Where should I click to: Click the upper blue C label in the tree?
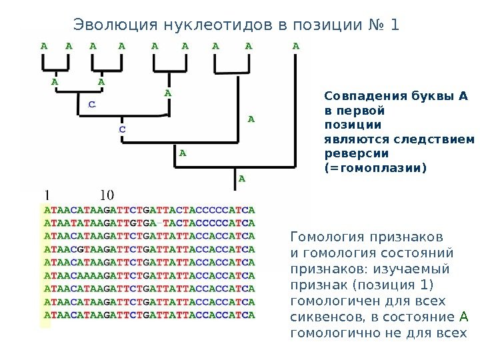(92, 105)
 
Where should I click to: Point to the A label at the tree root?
(243, 178)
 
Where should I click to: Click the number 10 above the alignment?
(107, 195)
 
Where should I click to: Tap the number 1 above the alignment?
(47, 195)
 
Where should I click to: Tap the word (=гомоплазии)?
(373, 169)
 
